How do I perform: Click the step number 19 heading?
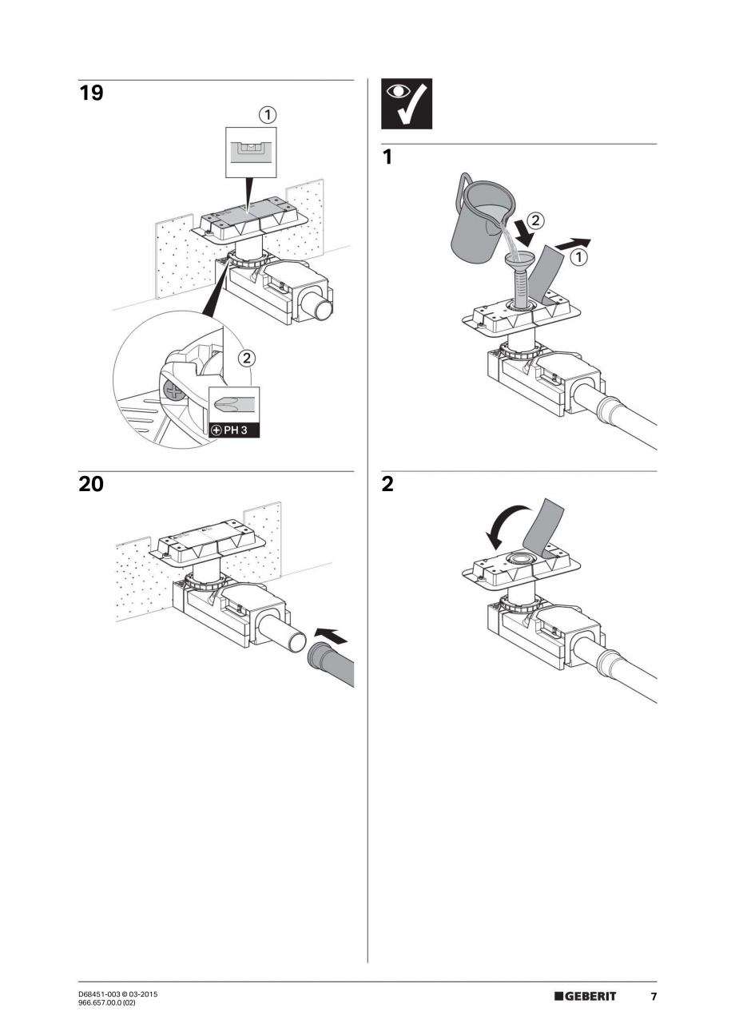click(91, 93)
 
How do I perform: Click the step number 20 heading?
click(91, 484)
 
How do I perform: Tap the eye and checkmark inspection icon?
click(406, 104)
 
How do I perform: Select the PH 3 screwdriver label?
click(233, 430)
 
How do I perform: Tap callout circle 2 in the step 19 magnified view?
click(246, 358)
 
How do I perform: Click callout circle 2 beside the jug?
click(537, 218)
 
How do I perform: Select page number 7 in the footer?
click(653, 997)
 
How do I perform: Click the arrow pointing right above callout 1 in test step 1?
click(574, 243)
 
